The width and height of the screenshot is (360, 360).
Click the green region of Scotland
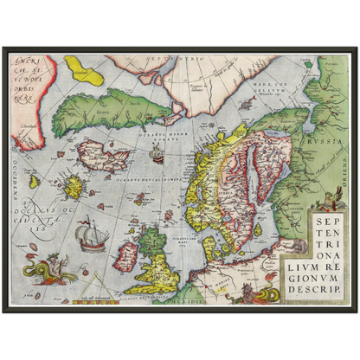click(154, 239)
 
